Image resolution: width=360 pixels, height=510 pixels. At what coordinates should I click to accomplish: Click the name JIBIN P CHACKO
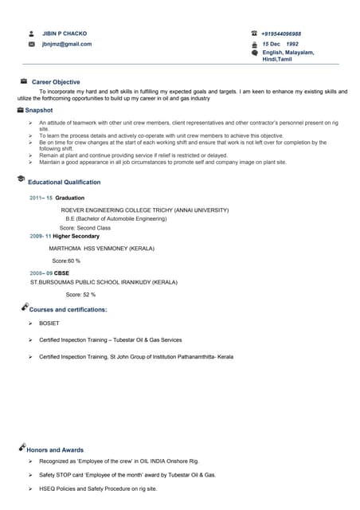click(x=65, y=33)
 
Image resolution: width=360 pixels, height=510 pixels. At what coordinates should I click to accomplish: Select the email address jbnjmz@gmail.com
click(x=66, y=44)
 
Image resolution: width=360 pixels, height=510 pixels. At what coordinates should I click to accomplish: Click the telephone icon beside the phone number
click(x=254, y=33)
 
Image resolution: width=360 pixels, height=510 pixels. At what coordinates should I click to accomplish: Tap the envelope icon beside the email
click(x=31, y=44)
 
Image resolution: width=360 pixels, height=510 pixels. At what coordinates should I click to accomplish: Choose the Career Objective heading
click(x=56, y=82)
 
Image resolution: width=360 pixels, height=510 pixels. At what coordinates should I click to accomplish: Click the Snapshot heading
click(x=38, y=110)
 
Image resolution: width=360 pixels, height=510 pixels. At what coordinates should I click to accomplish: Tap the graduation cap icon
click(x=20, y=181)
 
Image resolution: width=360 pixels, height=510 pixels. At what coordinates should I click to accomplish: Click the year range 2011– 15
click(x=41, y=197)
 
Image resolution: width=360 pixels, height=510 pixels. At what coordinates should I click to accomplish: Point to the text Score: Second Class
click(x=85, y=227)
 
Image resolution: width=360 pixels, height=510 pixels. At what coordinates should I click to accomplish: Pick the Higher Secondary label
click(x=76, y=237)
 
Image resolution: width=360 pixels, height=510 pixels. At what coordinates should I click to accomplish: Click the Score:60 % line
click(x=66, y=261)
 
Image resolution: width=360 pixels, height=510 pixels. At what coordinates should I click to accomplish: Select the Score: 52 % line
click(x=80, y=294)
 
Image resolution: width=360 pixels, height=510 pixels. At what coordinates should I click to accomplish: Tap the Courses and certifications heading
click(x=68, y=309)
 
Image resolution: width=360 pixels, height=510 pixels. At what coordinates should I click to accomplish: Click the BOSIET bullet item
click(x=49, y=324)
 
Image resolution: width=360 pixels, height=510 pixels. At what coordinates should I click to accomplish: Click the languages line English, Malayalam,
click(x=288, y=53)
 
